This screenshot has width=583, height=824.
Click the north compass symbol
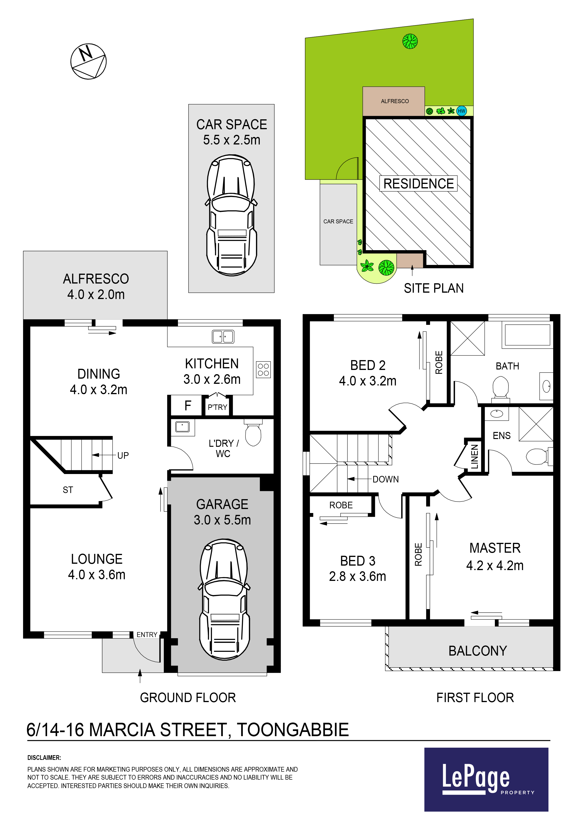tap(88, 61)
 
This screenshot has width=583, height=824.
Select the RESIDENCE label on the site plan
tap(418, 183)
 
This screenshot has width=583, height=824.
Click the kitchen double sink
tap(223, 337)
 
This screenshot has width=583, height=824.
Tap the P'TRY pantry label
tap(217, 407)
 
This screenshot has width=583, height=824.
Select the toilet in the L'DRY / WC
tap(253, 432)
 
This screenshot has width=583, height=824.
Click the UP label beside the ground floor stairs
tap(123, 455)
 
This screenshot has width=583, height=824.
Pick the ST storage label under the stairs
tap(68, 490)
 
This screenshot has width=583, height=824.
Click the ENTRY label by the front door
tap(147, 634)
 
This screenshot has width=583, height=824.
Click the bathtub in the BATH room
tap(527, 335)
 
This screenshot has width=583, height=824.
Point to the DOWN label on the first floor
tap(386, 479)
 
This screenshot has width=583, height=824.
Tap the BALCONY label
tap(477, 651)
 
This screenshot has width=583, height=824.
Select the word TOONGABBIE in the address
tap(293, 730)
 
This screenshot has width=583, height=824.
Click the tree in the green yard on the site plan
tap(410, 41)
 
